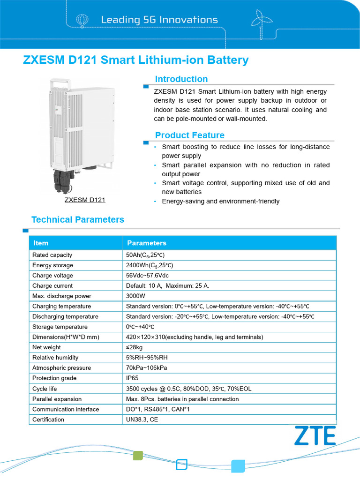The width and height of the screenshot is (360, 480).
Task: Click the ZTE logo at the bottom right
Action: point(315,435)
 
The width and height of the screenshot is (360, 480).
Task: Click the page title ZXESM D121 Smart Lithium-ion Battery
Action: point(136,60)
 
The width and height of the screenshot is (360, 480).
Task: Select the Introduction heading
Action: point(181,79)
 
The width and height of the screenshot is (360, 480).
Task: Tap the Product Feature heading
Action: point(189,135)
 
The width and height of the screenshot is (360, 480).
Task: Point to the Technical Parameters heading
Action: point(77,220)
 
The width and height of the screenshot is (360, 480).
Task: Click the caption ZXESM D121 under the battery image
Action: point(85,200)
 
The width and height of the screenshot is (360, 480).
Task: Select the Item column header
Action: point(41,243)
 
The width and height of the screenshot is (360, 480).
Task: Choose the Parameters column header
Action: point(146,243)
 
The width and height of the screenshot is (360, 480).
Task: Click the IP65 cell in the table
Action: point(133,378)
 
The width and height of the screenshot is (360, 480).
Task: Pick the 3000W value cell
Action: point(135,296)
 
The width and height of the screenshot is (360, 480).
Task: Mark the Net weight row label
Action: point(46,347)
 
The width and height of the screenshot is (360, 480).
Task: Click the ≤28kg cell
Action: point(135,347)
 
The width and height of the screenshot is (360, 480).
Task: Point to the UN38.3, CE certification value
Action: point(142,420)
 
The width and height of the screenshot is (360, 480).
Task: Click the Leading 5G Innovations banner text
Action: point(159,20)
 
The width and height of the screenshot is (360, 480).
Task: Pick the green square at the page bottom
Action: point(138,455)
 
